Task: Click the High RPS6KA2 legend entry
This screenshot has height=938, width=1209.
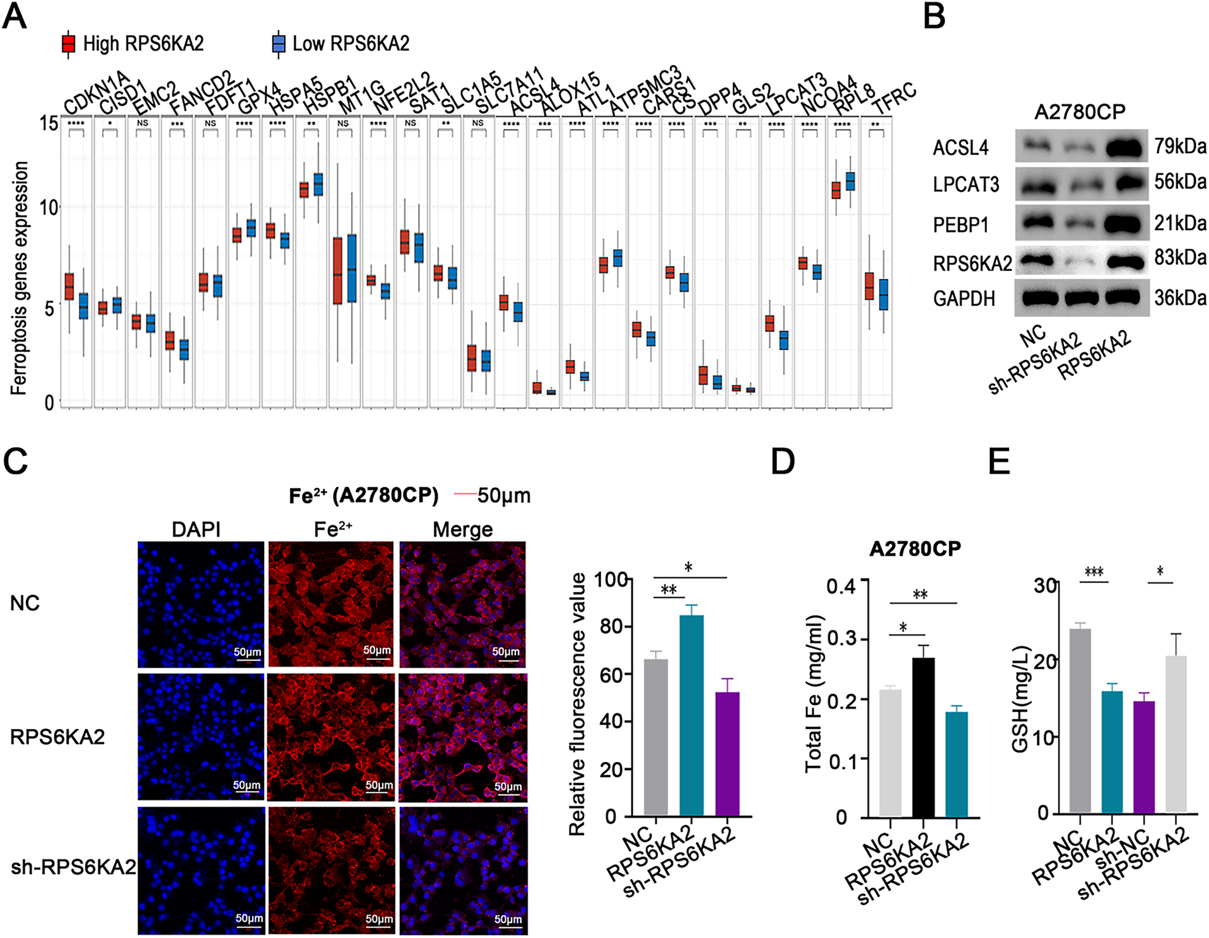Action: [x=133, y=43]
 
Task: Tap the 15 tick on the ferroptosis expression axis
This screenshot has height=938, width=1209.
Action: [x=49, y=123]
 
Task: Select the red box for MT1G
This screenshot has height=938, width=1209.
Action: [x=338, y=271]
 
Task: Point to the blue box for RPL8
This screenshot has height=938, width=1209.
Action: [x=850, y=181]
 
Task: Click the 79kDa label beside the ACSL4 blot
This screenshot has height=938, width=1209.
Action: [x=1180, y=146]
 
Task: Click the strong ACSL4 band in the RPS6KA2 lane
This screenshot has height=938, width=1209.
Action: [x=1125, y=148]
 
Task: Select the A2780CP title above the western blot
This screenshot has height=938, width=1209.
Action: [x=1079, y=112]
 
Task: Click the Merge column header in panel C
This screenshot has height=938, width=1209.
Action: [x=463, y=529]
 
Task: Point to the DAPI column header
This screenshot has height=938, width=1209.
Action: [x=196, y=529]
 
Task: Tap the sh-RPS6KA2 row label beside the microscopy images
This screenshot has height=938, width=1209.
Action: [x=73, y=867]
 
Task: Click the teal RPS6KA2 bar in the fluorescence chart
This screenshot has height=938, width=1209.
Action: [x=691, y=715]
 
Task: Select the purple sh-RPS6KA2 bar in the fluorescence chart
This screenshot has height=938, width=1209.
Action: [x=727, y=754]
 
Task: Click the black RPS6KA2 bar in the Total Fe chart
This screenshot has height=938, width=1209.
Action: [x=923, y=737]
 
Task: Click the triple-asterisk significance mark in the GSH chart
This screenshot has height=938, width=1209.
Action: [x=1093, y=572]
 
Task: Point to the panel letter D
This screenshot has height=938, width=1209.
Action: [x=782, y=462]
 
